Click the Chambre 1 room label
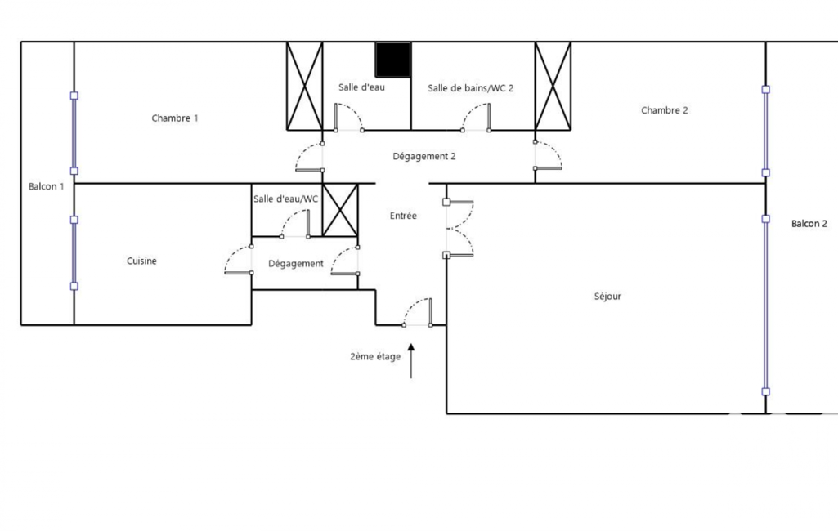[x=175, y=118]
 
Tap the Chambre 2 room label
[x=665, y=110]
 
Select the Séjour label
[x=607, y=297]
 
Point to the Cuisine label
[x=141, y=261]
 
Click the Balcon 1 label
[x=46, y=186]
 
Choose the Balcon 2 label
[x=809, y=224]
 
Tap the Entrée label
[x=403, y=216]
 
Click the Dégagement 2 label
[x=424, y=157]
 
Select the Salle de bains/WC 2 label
[x=470, y=88]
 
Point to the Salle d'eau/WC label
[x=285, y=199]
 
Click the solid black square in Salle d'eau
[x=392, y=60]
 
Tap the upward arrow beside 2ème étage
[x=411, y=361]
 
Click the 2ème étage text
[x=375, y=356]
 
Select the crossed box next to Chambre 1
[x=305, y=86]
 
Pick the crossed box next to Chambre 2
[x=553, y=86]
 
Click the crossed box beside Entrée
[x=340, y=210]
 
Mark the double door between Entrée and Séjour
[x=459, y=229]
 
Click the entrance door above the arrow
[x=418, y=313]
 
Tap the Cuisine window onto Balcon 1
[x=74, y=253]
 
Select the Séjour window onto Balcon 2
[x=766, y=306]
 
